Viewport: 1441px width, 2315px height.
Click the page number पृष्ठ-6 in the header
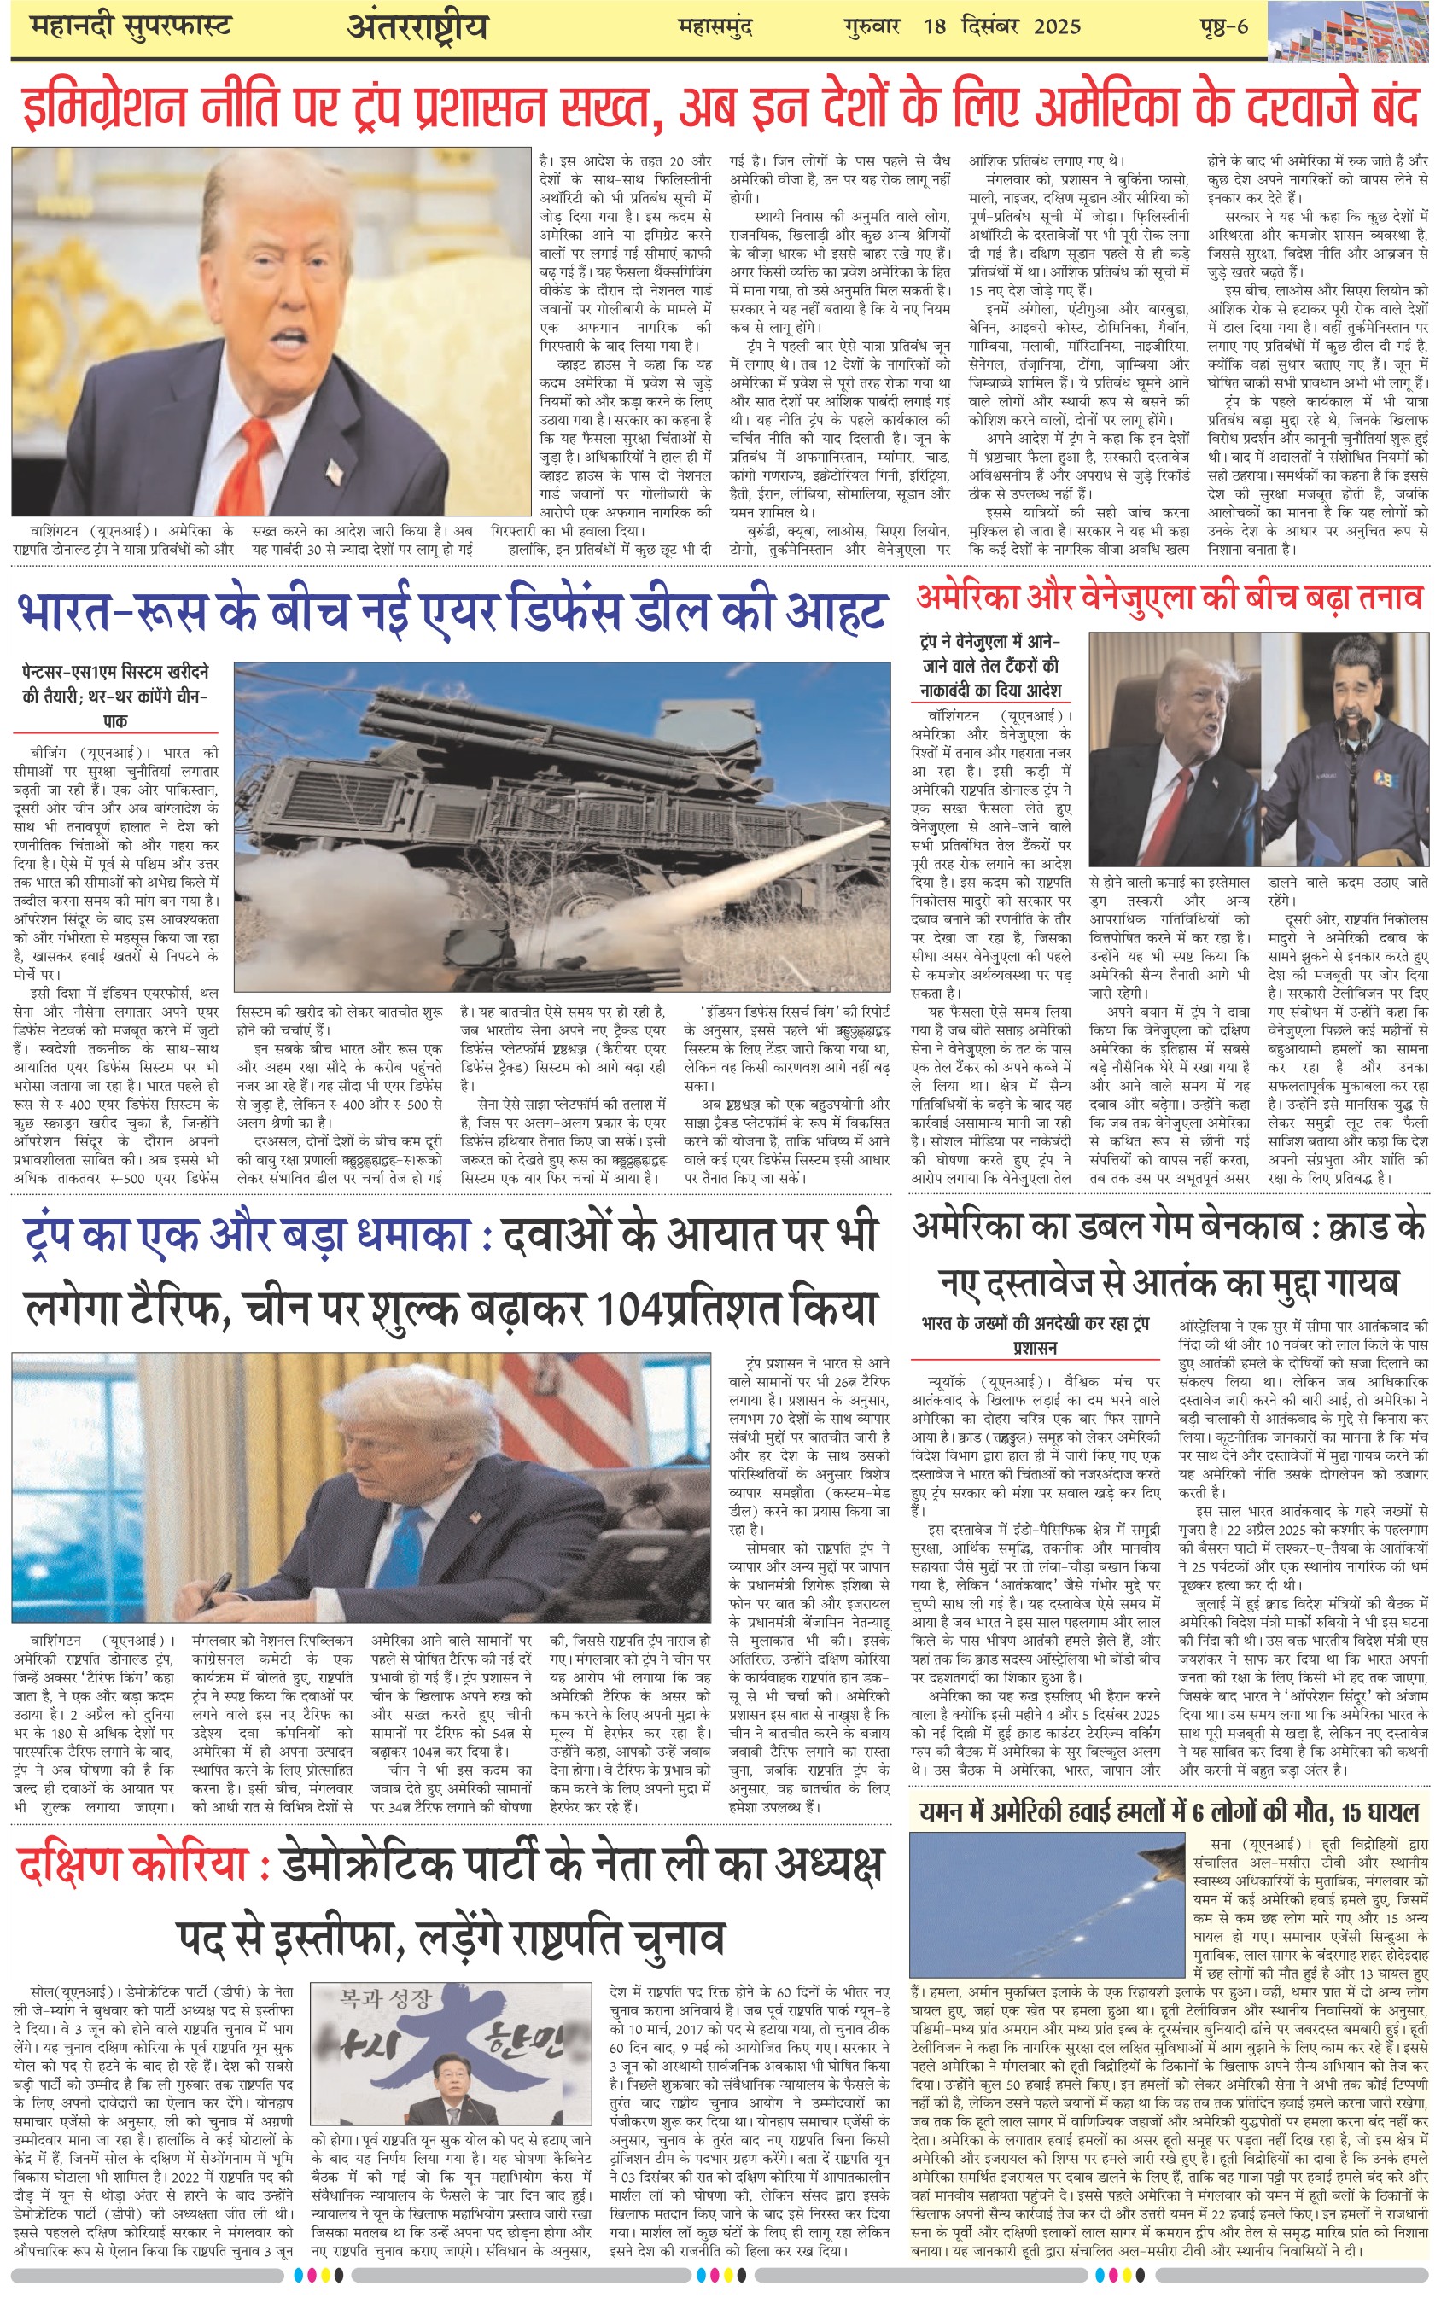1222,26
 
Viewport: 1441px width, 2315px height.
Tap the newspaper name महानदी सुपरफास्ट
131,26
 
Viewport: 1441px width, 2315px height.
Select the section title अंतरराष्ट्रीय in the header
417,27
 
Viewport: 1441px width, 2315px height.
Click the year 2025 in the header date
1057,26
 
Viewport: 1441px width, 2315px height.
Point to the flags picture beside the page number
1352,32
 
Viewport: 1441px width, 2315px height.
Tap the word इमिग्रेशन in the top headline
104,107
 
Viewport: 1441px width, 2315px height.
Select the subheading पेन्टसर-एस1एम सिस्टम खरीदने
114,672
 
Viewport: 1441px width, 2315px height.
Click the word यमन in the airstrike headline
944,1812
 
